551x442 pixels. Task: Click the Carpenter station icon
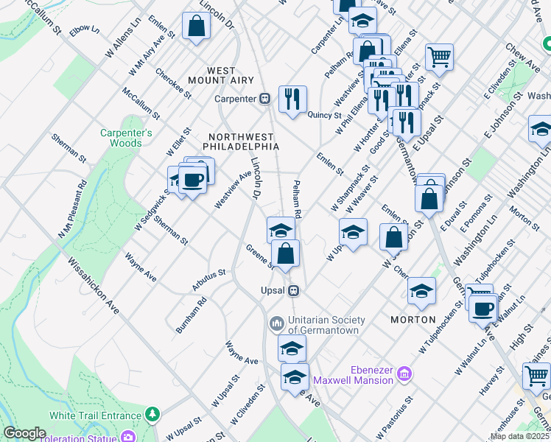(264, 99)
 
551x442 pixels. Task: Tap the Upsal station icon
(293, 290)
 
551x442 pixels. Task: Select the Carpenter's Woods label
(126, 138)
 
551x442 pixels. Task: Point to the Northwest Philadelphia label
(243, 141)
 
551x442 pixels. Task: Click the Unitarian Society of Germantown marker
(277, 323)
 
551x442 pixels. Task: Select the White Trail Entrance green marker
(152, 414)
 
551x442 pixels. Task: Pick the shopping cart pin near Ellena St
(439, 56)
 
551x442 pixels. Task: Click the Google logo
(24, 433)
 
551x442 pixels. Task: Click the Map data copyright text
(519, 436)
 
